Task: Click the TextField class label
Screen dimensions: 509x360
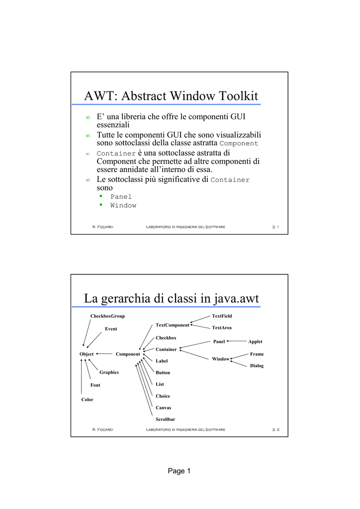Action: (222, 316)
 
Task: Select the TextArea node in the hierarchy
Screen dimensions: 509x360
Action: (222, 328)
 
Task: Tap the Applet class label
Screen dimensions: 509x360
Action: (255, 342)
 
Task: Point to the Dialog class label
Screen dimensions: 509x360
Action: (257, 366)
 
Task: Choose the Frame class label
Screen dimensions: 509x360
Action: (257, 354)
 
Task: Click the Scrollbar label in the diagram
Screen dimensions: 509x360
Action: (165, 420)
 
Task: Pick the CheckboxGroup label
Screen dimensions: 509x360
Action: (107, 316)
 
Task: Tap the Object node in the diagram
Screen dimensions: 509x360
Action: (87, 354)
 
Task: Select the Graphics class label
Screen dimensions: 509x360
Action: (109, 372)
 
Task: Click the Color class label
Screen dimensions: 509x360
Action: (87, 400)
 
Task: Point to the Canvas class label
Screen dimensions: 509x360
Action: (163, 408)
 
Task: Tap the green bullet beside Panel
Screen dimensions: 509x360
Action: (100, 196)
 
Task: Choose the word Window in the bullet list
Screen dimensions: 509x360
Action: (123, 205)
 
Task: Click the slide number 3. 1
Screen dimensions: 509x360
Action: (275, 227)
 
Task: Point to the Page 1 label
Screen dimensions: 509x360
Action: (179, 471)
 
